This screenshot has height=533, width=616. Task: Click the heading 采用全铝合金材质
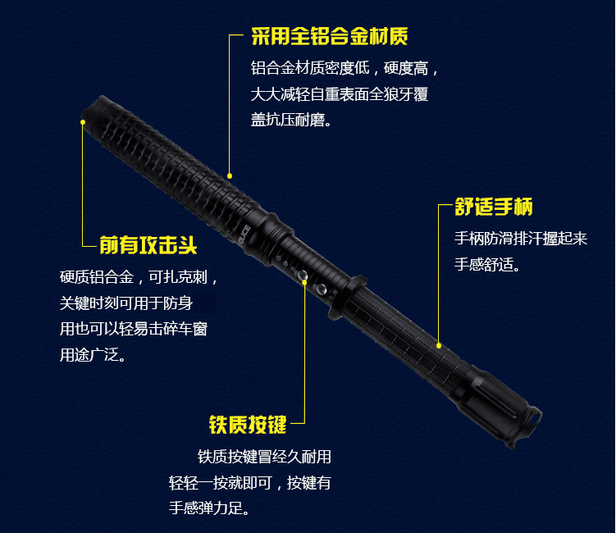point(329,37)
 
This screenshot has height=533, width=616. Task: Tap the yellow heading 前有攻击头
point(148,245)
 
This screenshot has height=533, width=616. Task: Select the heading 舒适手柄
point(494,207)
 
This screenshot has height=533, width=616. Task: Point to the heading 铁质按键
point(248,425)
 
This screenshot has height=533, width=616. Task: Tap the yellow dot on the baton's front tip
point(83,122)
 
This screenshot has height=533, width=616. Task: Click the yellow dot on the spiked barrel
point(230,176)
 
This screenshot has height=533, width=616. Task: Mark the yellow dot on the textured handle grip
point(439,346)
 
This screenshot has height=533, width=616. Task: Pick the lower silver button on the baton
point(322,290)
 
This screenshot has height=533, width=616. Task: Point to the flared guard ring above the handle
point(346,298)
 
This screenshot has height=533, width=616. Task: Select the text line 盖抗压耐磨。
point(291,120)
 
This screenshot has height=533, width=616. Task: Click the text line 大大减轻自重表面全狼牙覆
point(340,94)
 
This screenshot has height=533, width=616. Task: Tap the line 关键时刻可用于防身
point(126,303)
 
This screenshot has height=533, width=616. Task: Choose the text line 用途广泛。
point(93,355)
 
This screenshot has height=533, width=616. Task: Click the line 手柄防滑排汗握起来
point(521,239)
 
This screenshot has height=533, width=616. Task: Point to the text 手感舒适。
point(487,264)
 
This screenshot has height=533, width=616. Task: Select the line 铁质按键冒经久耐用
point(264,457)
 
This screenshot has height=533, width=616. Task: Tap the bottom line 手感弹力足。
point(209,508)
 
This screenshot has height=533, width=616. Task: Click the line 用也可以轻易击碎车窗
point(134,329)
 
